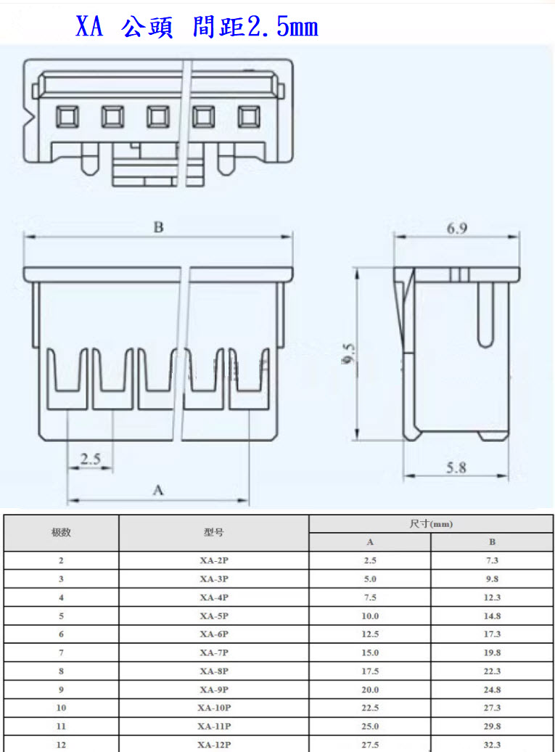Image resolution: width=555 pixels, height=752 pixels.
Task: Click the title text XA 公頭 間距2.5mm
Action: (197, 27)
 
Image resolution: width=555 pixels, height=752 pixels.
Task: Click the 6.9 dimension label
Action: (456, 228)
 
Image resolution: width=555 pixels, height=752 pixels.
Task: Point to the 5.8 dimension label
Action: (456, 467)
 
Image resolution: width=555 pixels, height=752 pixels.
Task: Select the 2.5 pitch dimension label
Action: (90, 459)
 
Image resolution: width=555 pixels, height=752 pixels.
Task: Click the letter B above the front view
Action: (158, 227)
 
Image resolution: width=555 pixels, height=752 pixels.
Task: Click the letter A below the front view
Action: (158, 491)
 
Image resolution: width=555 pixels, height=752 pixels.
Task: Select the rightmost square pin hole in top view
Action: (248, 115)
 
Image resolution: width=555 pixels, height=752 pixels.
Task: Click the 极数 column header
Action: (61, 532)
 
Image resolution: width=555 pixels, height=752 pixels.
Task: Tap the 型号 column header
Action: (213, 532)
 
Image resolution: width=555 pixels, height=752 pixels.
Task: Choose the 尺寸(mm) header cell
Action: (431, 523)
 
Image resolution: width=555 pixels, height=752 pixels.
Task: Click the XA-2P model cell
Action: (213, 560)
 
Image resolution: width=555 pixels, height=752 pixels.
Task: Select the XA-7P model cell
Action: (213, 653)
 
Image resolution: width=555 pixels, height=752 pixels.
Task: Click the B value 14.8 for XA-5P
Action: (492, 616)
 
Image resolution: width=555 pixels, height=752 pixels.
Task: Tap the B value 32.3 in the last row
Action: (492, 744)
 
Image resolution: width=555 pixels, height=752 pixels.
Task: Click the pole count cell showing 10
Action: (61, 708)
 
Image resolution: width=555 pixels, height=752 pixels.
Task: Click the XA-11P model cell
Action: (213, 726)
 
